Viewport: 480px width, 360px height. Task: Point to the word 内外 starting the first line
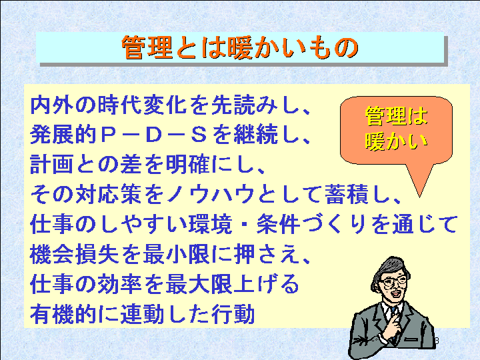[x=52, y=105]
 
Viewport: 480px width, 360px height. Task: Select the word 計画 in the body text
[x=52, y=165]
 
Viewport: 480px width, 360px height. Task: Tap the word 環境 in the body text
[x=210, y=225]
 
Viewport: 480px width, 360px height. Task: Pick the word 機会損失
[x=75, y=255]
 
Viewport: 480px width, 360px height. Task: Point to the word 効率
[x=120, y=284]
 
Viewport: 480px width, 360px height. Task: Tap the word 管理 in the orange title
[x=147, y=47]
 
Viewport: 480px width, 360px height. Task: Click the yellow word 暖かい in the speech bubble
[x=396, y=141]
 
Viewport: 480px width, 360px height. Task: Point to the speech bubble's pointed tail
[x=420, y=196]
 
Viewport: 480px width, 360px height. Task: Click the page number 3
[x=437, y=341]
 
